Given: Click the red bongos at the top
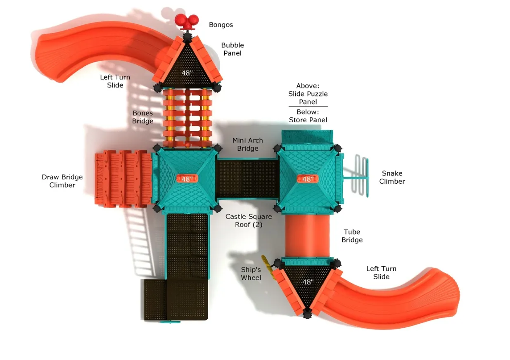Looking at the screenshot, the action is pyautogui.click(x=187, y=21).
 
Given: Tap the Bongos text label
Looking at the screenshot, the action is pyautogui.click(x=221, y=25).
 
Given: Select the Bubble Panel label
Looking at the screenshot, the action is pyautogui.click(x=232, y=49).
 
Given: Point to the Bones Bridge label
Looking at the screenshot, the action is pyautogui.click(x=143, y=117).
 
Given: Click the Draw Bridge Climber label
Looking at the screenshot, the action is pyautogui.click(x=62, y=181).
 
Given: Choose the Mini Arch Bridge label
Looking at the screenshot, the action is pyautogui.click(x=248, y=144).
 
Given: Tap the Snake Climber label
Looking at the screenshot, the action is pyautogui.click(x=392, y=177).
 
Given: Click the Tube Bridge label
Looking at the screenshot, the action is pyautogui.click(x=352, y=236).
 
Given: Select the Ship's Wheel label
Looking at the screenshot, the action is pyautogui.click(x=251, y=274).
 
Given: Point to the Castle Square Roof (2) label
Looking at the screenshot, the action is pyautogui.click(x=249, y=220).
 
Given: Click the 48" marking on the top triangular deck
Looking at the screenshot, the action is pyautogui.click(x=187, y=73).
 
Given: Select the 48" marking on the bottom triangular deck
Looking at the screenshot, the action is pyautogui.click(x=308, y=282).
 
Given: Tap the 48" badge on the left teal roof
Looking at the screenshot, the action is pyautogui.click(x=187, y=179).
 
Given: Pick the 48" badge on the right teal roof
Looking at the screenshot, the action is pyautogui.click(x=308, y=179).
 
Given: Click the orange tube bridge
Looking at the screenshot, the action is pyautogui.click(x=307, y=236).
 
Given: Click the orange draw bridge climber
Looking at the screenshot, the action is pyautogui.click(x=123, y=179).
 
